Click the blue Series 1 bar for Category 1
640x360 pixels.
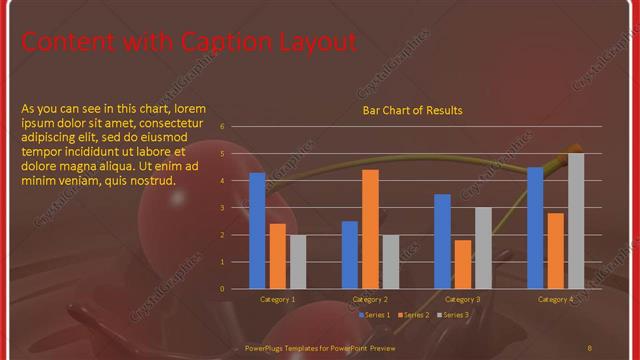257,230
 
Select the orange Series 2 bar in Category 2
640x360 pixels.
370,229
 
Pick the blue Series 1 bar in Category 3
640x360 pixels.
442,241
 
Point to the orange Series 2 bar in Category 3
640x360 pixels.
462,264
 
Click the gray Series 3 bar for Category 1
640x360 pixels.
297,261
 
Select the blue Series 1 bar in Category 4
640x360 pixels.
535,227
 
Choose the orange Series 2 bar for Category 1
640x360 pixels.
277,256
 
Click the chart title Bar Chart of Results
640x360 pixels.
412,110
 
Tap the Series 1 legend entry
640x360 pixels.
373,315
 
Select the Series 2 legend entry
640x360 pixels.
413,315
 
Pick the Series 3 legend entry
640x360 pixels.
452,315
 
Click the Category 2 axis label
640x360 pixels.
370,299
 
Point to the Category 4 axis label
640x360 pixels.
556,299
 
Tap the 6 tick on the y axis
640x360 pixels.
235,127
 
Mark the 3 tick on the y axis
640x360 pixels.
235,208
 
